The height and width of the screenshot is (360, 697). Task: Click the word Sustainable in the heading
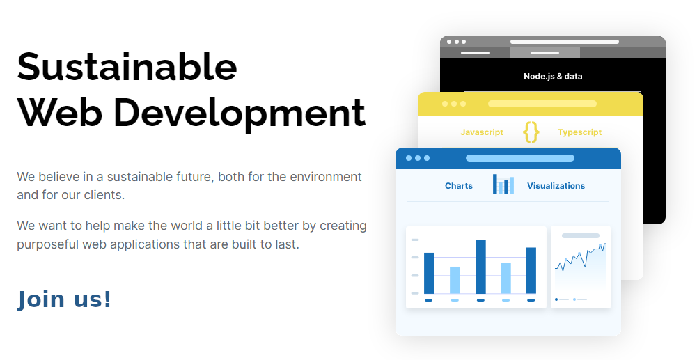coord(127,68)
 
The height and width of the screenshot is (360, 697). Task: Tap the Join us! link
coord(64,299)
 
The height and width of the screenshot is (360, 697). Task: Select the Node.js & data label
coord(553,77)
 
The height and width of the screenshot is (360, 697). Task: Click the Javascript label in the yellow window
coord(482,132)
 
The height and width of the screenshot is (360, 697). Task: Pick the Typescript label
coord(579,132)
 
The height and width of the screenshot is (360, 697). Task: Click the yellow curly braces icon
coord(531,132)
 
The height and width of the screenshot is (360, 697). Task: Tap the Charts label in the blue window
coord(458,186)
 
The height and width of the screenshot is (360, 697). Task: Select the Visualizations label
coord(556,186)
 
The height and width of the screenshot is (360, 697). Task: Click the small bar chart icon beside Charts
coord(503,185)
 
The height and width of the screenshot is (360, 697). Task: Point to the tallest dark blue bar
coord(480,267)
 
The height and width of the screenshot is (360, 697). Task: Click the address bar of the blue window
coord(519,158)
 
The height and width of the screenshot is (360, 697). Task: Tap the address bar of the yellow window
coord(542,104)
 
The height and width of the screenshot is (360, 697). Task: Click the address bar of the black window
coord(564,42)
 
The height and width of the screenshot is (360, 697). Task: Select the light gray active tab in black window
coord(545,53)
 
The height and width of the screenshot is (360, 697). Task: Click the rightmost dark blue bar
coord(531,270)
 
